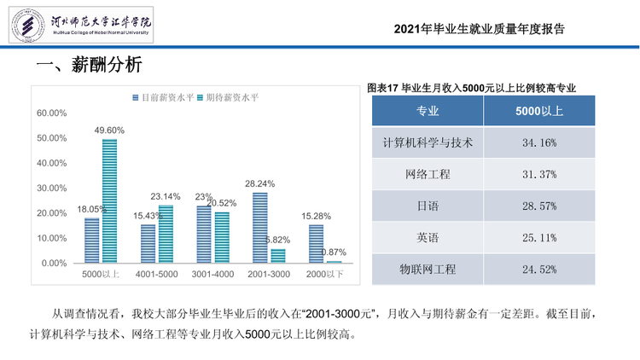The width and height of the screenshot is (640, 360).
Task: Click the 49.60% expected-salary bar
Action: [109, 200]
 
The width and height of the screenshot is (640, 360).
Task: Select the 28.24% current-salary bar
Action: [260, 228]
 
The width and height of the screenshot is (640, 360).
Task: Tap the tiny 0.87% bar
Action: [334, 262]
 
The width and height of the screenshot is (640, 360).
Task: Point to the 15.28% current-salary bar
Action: [316, 244]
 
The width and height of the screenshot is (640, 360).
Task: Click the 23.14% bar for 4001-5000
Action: [166, 234]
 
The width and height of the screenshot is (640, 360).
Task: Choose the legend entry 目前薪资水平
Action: [163, 97]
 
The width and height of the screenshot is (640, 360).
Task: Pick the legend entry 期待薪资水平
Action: [228, 97]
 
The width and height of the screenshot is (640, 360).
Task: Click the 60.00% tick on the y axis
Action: [52, 113]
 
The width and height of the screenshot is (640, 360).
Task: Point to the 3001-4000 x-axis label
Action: [212, 275]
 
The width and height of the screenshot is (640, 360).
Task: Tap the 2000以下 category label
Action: [324, 275]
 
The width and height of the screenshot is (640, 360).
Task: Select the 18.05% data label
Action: [92, 209]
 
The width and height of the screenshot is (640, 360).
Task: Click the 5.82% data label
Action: [277, 240]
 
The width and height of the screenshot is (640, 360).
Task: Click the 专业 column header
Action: [428, 111]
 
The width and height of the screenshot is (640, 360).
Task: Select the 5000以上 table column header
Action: [539, 111]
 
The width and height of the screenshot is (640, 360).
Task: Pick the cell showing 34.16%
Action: [539, 142]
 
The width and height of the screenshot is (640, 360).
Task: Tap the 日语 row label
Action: [428, 206]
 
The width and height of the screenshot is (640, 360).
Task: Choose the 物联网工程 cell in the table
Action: [428, 270]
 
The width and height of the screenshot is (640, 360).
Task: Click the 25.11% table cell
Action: [539, 237]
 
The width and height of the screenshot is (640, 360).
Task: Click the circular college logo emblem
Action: [28, 26]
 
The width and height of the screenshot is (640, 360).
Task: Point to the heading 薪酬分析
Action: [107, 65]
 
